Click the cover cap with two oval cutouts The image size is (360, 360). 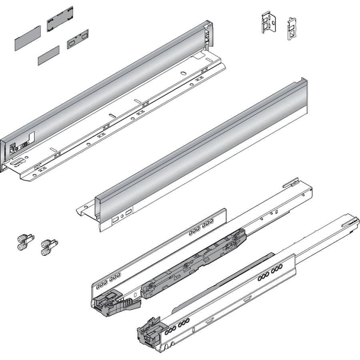78,39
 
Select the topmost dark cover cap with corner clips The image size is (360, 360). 60,19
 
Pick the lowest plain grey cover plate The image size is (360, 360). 48,55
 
